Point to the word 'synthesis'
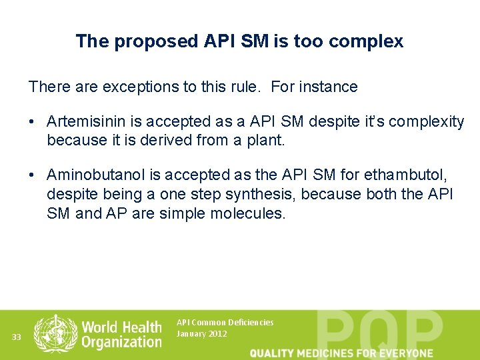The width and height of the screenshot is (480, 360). coord(235,194)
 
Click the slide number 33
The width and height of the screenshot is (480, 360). coord(17,337)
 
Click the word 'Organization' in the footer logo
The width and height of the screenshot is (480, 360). coord(121,342)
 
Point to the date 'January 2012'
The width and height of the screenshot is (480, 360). coord(201,333)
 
